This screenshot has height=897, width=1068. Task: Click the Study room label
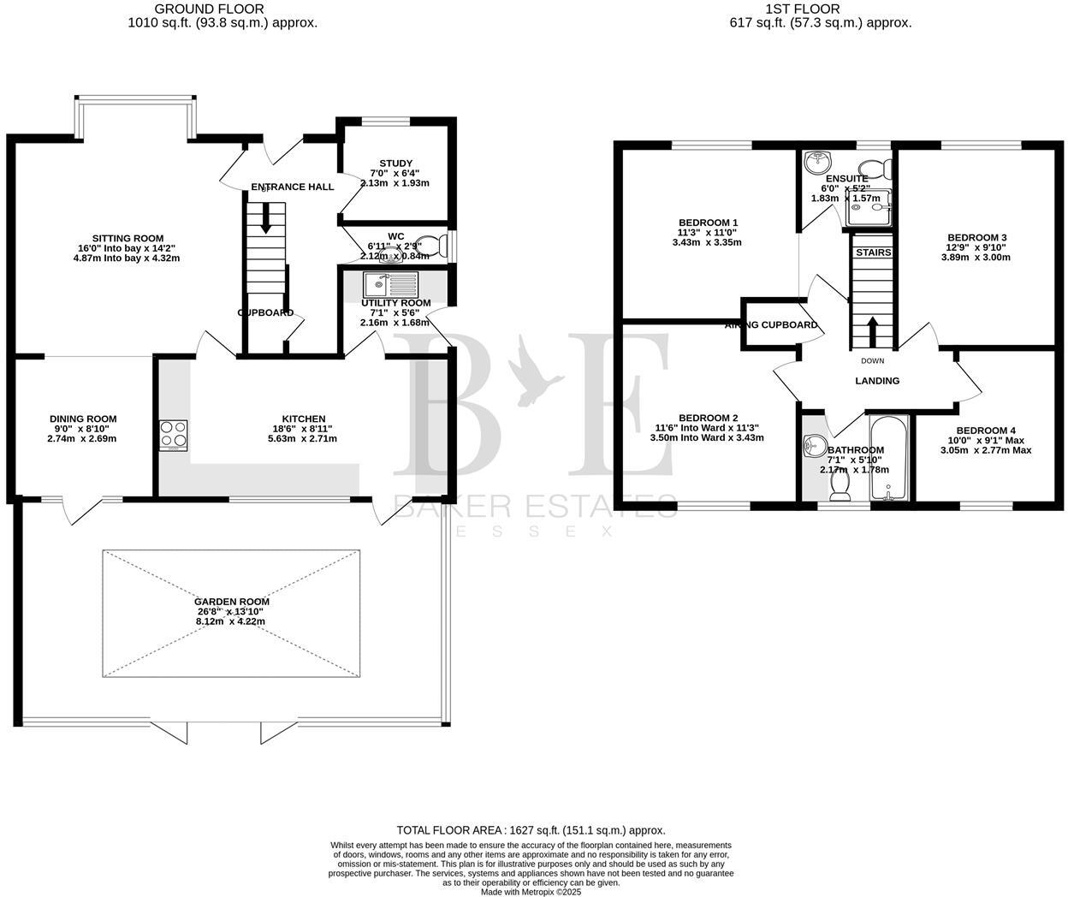(395, 163)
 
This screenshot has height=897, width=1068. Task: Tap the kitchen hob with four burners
(174, 435)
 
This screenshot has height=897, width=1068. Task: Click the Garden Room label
(230, 602)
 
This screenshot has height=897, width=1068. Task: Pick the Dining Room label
(83, 419)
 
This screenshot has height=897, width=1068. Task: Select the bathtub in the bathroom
(888, 458)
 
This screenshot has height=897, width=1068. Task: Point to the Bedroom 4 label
(986, 431)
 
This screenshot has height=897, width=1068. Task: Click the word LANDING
(877, 381)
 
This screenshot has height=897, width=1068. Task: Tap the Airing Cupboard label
(771, 325)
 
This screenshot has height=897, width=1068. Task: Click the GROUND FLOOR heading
(222, 9)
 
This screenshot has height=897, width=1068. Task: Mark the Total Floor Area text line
(531, 830)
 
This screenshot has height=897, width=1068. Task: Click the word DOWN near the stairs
(873, 361)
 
